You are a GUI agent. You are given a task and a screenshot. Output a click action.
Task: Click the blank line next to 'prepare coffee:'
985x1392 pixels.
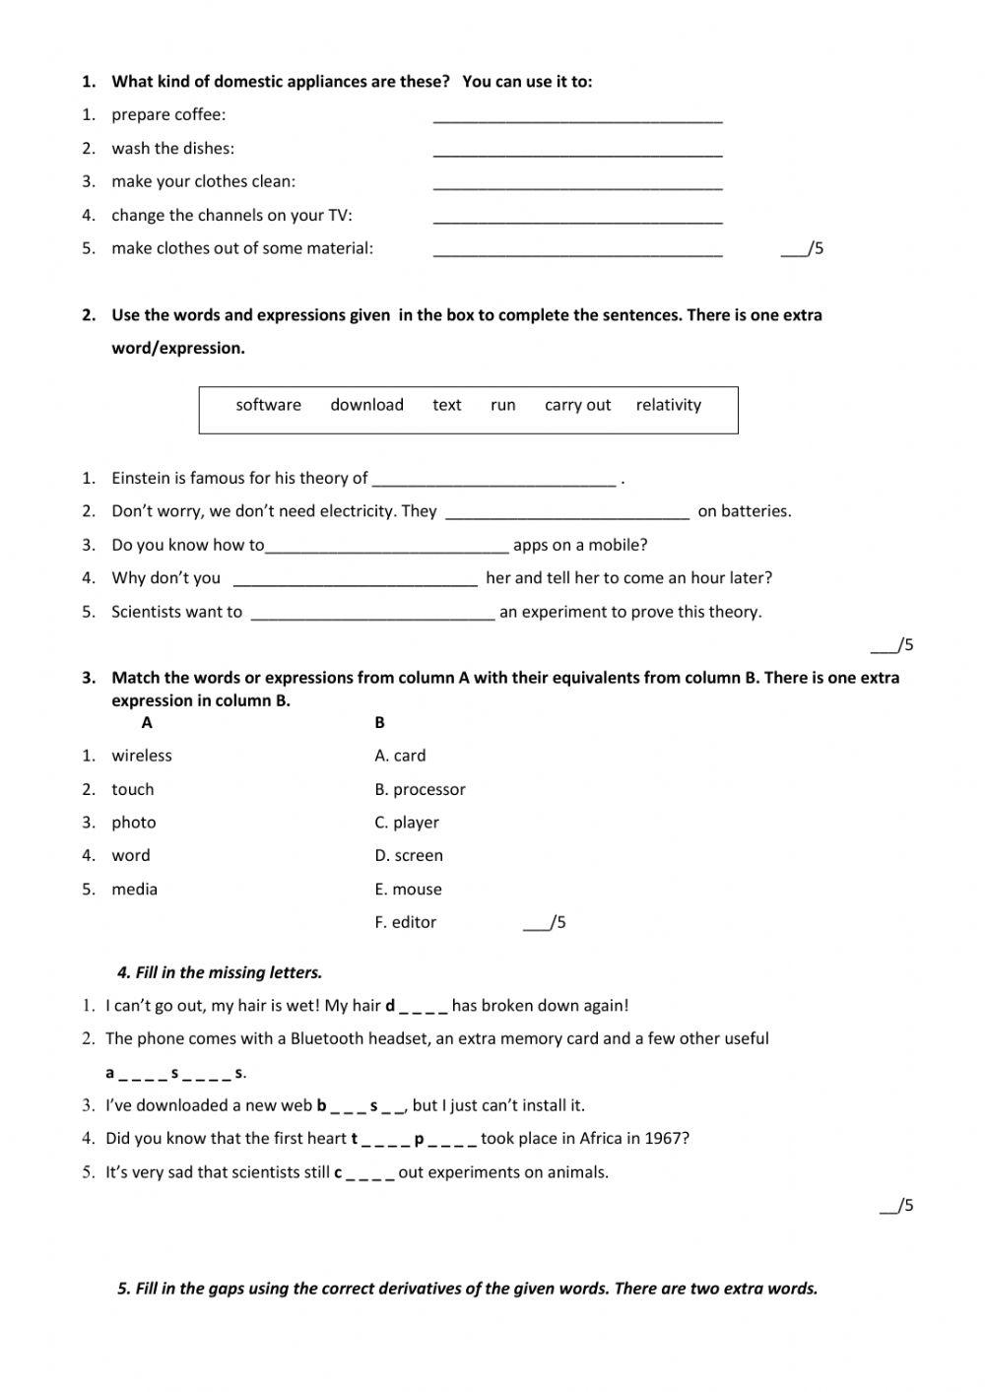click(577, 118)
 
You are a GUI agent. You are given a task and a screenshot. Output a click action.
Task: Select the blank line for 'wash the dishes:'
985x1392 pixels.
click(577, 152)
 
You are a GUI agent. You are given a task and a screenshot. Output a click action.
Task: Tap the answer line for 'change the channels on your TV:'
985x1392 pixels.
click(577, 219)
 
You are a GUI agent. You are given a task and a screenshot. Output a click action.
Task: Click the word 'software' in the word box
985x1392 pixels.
click(268, 405)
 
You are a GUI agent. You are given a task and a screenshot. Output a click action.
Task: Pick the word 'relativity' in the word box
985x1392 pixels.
click(668, 405)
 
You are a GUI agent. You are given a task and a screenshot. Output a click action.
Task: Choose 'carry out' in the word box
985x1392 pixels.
click(577, 405)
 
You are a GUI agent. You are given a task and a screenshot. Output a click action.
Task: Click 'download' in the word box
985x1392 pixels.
click(366, 405)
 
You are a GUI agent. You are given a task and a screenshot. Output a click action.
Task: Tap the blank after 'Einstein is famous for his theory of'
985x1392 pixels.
click(494, 481)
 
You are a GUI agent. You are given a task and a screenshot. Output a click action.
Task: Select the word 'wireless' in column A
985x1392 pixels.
click(142, 756)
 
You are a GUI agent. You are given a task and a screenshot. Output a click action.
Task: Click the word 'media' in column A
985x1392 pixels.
click(135, 890)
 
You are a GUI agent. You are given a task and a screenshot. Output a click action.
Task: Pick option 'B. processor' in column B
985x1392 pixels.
click(420, 789)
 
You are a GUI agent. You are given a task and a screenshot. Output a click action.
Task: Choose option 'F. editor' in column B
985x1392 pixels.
click(405, 923)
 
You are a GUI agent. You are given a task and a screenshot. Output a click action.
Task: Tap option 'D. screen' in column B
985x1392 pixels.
click(409, 856)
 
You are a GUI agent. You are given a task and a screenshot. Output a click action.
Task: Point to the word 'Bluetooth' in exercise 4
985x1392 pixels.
click(326, 1038)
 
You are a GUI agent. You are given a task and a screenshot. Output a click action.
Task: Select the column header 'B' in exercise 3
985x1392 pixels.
click(379, 723)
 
